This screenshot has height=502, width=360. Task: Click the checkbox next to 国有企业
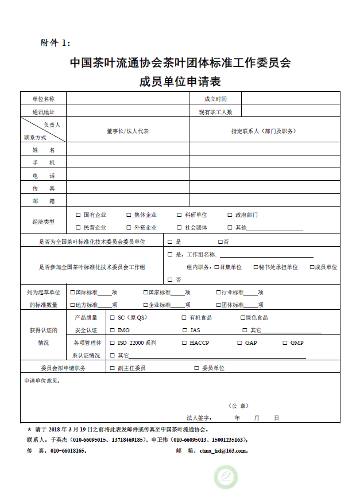78,215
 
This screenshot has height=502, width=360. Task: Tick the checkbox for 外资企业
129,228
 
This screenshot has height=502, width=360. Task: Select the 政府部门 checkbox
230,215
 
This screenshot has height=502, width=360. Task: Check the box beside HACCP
183,343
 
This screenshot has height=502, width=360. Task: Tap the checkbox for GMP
285,343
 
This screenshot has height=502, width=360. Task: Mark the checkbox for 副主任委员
113,368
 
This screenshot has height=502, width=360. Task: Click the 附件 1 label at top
55,43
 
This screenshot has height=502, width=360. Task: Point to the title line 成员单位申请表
180,81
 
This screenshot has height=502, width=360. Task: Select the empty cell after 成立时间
291,99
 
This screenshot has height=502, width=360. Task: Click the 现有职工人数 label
215,111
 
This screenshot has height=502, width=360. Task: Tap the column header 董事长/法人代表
127,131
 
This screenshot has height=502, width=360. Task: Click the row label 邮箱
44,201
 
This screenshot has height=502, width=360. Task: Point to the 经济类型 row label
44,221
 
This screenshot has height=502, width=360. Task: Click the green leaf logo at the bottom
226,477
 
